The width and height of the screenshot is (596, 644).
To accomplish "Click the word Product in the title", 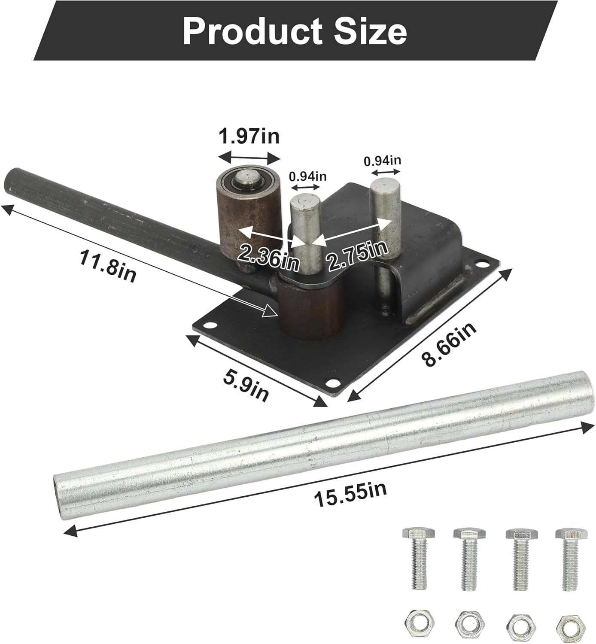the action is tap(252, 31).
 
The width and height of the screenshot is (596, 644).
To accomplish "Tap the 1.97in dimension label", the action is tap(249, 136).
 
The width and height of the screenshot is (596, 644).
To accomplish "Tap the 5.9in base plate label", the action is tap(246, 386).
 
